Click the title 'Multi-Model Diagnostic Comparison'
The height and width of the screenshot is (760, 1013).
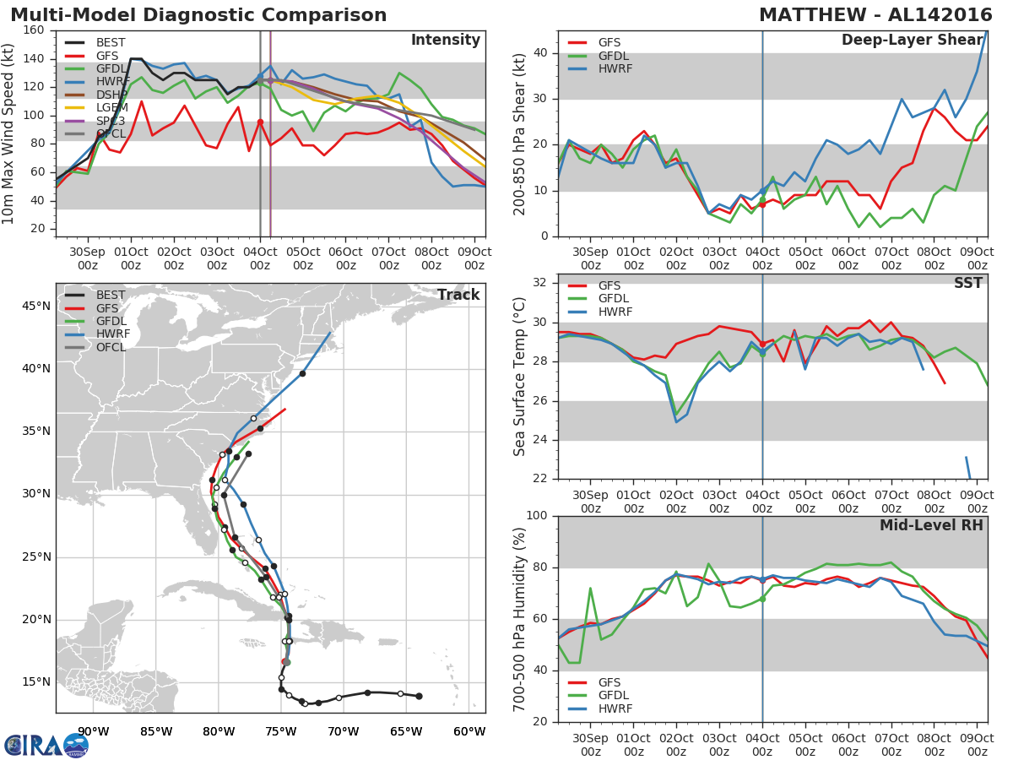point(198,15)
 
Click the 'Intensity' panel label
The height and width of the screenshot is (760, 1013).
point(445,41)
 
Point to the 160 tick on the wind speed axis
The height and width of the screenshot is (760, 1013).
point(35,30)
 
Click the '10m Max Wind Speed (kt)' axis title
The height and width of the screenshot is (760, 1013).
point(9,133)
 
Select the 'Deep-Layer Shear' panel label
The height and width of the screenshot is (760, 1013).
point(912,41)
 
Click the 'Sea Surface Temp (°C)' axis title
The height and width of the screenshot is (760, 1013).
point(520,376)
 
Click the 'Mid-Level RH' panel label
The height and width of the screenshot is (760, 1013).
point(931,525)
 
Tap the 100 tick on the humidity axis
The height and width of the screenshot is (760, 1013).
point(538,516)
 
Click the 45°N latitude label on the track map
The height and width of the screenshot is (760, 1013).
point(35,306)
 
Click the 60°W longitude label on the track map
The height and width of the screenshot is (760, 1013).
point(469,731)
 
